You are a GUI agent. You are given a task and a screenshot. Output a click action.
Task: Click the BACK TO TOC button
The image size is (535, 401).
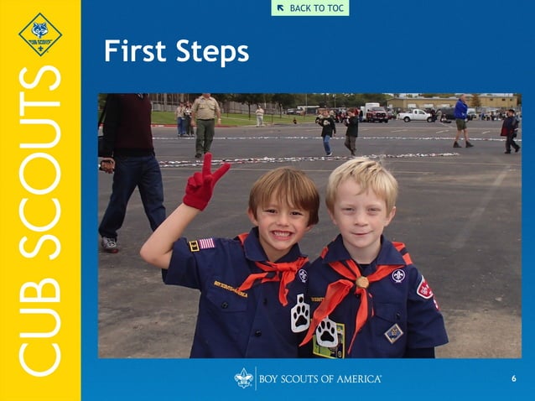(x=309, y=8)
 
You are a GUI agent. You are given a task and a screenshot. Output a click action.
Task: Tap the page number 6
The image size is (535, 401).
(x=513, y=379)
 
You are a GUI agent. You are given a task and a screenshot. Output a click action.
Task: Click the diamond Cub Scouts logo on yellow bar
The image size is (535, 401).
(x=39, y=34)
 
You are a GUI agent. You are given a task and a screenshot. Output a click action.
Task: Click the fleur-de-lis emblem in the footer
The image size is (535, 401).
(x=244, y=378)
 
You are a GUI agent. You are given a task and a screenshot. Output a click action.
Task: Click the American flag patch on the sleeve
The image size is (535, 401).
(x=206, y=243)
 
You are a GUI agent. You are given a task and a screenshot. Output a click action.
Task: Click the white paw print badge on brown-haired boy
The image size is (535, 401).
(x=300, y=313)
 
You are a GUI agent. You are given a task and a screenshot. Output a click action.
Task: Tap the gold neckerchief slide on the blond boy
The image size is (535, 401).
(x=362, y=282)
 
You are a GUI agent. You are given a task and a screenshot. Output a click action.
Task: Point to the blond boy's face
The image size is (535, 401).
(x=360, y=211)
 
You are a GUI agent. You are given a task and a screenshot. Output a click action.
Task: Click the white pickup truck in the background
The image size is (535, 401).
(x=416, y=115)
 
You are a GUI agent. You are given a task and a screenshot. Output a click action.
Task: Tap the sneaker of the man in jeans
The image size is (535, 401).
(x=109, y=244)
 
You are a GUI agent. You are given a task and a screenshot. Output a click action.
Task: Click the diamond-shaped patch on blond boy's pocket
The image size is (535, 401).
(x=393, y=333)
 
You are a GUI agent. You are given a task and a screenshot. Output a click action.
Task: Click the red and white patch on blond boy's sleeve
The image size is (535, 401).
(x=425, y=289)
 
